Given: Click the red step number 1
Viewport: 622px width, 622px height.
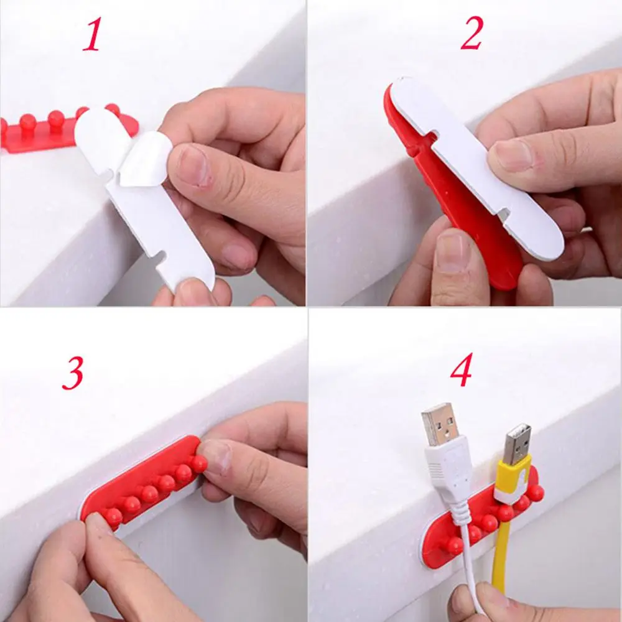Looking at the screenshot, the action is [x=93, y=34].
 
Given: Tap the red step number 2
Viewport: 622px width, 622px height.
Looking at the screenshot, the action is [x=472, y=34].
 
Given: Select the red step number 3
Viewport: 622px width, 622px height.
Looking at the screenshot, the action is [x=73, y=373].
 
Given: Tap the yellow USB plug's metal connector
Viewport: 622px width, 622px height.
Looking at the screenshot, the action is [x=518, y=444].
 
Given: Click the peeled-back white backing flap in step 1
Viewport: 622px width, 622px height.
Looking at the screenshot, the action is [x=145, y=155].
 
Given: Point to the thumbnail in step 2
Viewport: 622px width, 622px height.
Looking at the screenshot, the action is [x=512, y=155].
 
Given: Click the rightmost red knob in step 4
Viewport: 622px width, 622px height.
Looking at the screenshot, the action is [x=536, y=493].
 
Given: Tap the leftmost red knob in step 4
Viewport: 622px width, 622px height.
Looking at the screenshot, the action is [x=455, y=546].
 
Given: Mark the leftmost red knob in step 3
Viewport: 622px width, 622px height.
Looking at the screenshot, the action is [x=113, y=517].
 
